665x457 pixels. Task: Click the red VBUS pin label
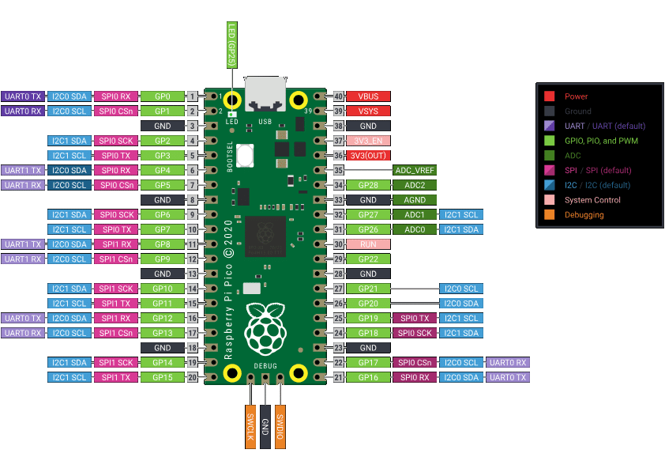point(368,96)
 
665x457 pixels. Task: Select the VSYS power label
point(368,111)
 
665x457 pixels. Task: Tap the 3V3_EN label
point(368,141)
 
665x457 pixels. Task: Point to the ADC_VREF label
point(415,170)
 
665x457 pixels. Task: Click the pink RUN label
point(368,244)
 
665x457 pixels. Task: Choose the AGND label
point(415,200)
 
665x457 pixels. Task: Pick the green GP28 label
point(368,185)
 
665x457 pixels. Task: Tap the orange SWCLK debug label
point(250,426)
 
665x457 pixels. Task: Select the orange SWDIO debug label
point(280,426)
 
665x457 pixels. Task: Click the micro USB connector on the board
point(265,94)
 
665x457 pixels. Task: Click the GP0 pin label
point(163,96)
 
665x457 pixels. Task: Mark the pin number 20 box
point(192,378)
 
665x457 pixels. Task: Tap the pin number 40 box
point(339,96)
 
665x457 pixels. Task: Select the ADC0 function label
point(415,229)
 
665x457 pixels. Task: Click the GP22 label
point(368,259)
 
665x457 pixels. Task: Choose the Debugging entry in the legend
point(584,214)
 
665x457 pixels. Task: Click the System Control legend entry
point(592,199)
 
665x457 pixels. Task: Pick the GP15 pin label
point(163,378)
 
